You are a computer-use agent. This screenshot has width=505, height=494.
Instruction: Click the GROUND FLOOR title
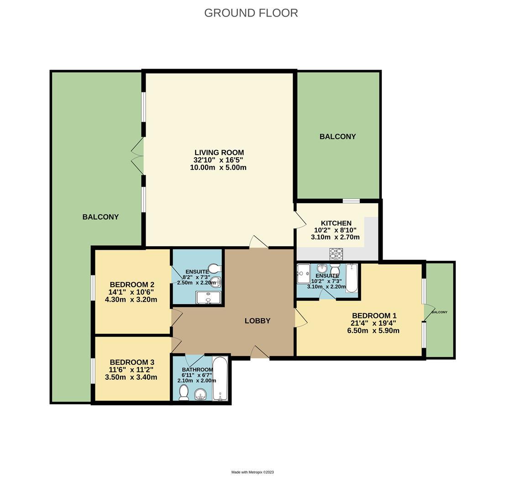pyautogui.click(x=251, y=13)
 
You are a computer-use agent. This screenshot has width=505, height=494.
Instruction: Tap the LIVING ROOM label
pyautogui.click(x=219, y=153)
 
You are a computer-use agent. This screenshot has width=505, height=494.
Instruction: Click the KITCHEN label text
pyautogui.click(x=336, y=223)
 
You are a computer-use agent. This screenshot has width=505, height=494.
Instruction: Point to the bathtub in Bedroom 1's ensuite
pyautogui.click(x=352, y=278)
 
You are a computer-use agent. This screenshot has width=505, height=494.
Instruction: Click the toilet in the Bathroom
pyautogui.click(x=184, y=392)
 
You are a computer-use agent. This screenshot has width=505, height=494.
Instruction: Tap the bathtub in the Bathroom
pyautogui.click(x=221, y=379)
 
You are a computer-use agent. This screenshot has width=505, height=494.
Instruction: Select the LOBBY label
pyautogui.click(x=258, y=321)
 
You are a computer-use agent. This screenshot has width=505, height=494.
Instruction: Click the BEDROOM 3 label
pyautogui.click(x=132, y=362)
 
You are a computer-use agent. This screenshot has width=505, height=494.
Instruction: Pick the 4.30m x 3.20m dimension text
pyautogui.click(x=131, y=300)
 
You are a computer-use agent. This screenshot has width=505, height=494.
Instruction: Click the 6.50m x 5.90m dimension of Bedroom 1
pyautogui.click(x=373, y=330)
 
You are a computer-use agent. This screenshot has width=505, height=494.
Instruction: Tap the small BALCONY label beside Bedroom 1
pyautogui.click(x=439, y=312)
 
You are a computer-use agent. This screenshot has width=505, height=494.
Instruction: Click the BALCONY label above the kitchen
pyautogui.click(x=337, y=137)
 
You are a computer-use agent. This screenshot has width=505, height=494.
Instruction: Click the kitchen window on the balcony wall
pyautogui.click(x=351, y=200)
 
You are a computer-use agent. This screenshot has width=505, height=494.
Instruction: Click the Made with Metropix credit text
pyautogui.click(x=252, y=472)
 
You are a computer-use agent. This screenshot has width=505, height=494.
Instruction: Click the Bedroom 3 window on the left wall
pyautogui.click(x=93, y=370)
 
